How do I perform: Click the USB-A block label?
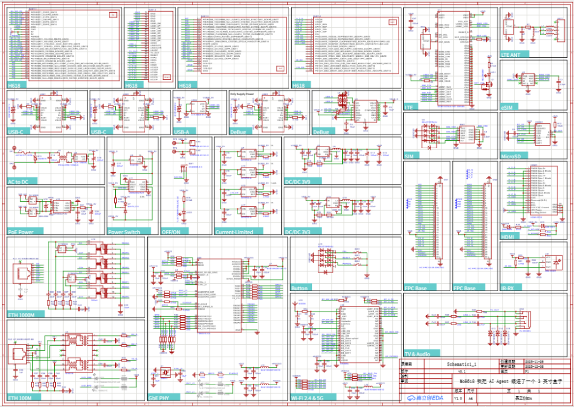tap(182, 132)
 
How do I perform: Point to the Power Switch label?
tap(124, 232)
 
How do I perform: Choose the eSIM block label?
tap(507, 107)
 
